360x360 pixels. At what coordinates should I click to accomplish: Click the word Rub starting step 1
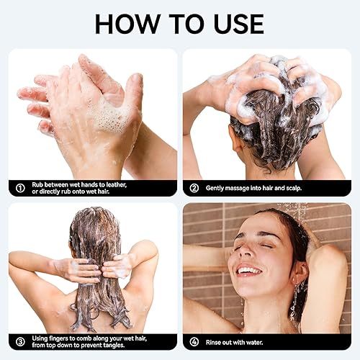point(40,184)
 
